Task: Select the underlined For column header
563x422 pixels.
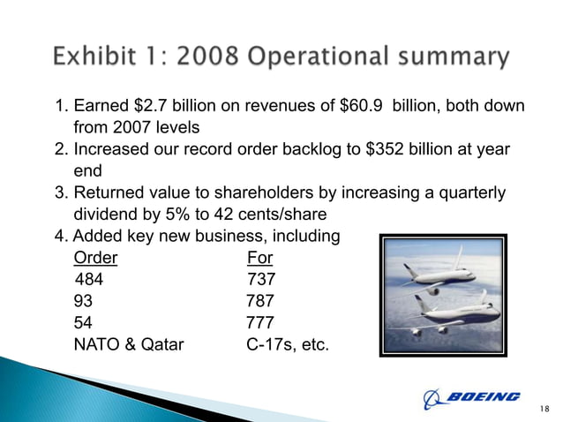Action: (x=260, y=259)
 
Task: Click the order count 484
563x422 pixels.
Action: (x=89, y=280)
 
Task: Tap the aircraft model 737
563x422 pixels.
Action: (x=261, y=280)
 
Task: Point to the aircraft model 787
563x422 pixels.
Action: (x=259, y=300)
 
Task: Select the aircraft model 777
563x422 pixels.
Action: (x=259, y=321)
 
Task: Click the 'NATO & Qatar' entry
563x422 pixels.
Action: (x=129, y=343)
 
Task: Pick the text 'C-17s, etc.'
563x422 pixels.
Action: (x=288, y=343)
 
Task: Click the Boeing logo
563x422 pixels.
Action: (x=472, y=397)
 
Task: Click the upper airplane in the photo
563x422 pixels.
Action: (x=446, y=274)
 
